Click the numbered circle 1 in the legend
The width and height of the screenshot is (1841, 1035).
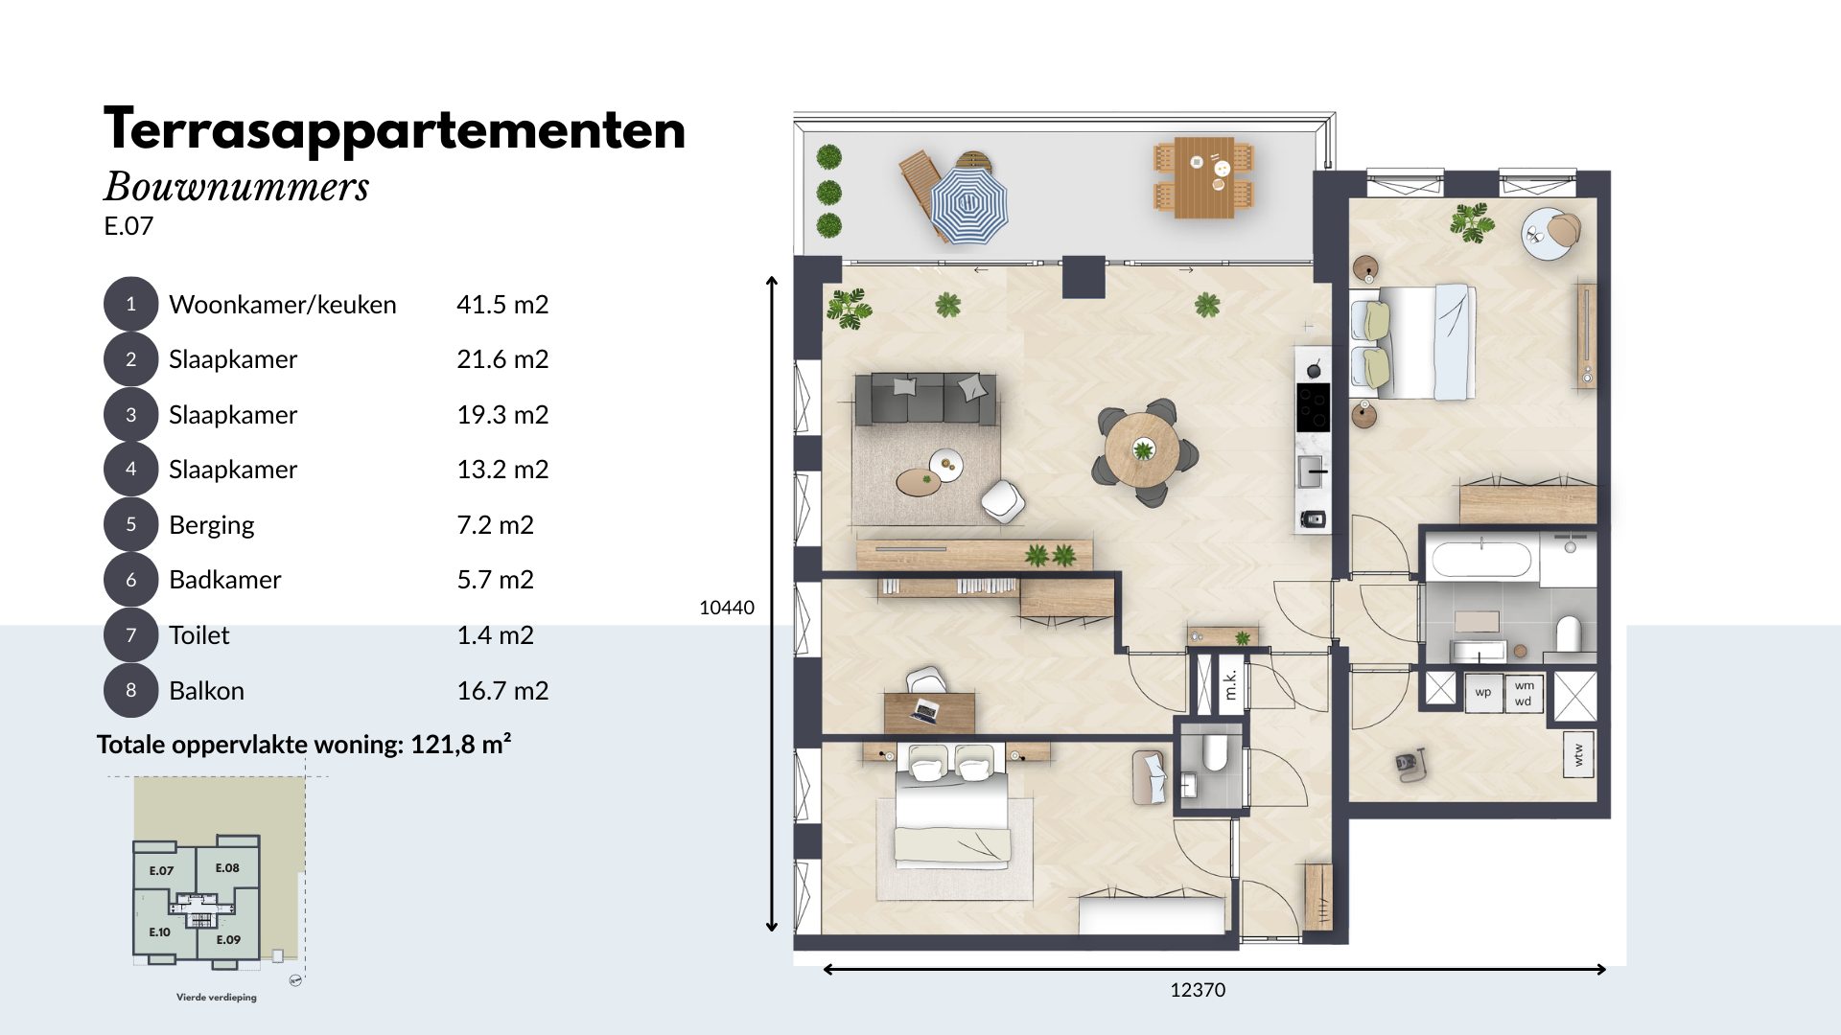click(130, 305)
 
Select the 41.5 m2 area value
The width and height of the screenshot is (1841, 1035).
click(502, 305)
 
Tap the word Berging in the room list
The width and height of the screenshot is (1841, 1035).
click(212, 525)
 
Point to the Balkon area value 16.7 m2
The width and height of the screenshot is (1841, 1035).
click(502, 691)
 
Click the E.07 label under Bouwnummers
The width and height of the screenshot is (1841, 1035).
click(128, 226)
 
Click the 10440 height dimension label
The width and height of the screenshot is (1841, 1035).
click(727, 608)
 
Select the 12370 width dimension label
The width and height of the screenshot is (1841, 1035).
click(1198, 990)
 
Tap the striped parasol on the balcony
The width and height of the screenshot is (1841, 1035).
click(969, 203)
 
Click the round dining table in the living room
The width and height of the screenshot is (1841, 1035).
click(1143, 450)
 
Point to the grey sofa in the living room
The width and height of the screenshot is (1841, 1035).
click(925, 398)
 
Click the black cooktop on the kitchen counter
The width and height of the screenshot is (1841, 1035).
click(1313, 407)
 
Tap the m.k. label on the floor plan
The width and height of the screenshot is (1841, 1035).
click(1231, 684)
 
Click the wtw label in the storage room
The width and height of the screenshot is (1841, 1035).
click(1578, 756)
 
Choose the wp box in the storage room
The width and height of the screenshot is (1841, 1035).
click(1483, 692)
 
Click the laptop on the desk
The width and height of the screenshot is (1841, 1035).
click(924, 711)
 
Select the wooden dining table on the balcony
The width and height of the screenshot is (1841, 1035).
click(1202, 177)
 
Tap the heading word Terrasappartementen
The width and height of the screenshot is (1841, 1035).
click(395, 130)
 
